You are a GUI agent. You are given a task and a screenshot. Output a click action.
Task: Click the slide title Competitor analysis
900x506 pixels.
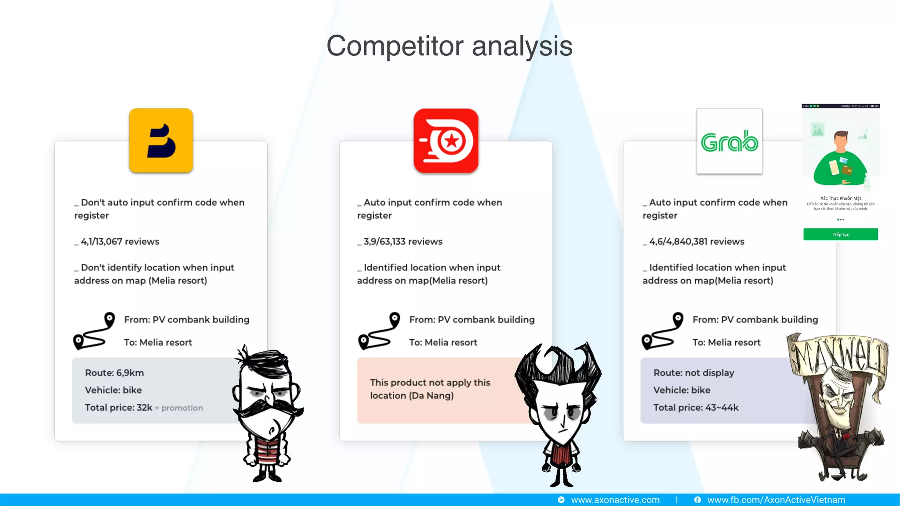point(449,46)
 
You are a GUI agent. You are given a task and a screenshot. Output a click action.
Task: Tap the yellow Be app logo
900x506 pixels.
point(161,141)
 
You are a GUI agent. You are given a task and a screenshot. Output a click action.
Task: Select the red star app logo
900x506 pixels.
point(446,141)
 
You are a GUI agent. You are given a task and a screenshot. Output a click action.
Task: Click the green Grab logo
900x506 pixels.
point(729,141)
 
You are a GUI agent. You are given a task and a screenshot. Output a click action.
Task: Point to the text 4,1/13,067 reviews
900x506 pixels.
point(120,242)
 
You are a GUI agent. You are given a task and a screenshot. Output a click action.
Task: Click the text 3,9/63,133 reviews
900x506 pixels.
point(403,242)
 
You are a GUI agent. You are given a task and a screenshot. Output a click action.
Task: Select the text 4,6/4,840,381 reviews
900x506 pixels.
point(697,242)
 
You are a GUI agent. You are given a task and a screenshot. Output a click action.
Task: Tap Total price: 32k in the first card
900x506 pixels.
point(119,408)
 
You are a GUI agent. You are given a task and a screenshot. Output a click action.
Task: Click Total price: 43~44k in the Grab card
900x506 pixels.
point(696,408)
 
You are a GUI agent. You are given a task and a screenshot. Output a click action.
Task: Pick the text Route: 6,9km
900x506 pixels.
point(114,373)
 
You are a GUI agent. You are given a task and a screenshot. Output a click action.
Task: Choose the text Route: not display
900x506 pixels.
point(693,373)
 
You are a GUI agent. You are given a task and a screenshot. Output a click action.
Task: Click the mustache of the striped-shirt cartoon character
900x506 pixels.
point(268,408)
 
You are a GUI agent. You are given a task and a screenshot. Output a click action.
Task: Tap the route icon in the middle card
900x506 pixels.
point(379,331)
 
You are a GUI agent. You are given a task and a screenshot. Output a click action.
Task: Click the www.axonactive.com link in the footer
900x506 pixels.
point(615,500)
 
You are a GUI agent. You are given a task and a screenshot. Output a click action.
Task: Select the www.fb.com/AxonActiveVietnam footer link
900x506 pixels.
point(776,500)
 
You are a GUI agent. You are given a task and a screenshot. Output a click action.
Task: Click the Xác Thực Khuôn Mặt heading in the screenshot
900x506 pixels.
point(840,199)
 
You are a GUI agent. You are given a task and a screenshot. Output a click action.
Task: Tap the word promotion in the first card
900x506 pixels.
point(182,408)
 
